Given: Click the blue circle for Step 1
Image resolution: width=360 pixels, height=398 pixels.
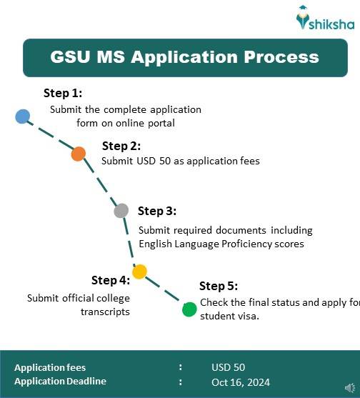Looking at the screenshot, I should pyautogui.click(x=22, y=116).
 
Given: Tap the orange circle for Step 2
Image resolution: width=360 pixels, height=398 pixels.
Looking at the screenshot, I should pyautogui.click(x=79, y=153).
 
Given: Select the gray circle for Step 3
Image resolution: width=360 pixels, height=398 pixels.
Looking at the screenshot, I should pyautogui.click(x=121, y=211).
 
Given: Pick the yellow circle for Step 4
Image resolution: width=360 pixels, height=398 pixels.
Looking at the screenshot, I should pyautogui.click(x=139, y=272).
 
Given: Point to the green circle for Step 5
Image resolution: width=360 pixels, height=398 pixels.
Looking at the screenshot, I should pyautogui.click(x=189, y=309).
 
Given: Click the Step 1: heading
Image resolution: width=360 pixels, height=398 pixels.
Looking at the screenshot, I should pyautogui.click(x=63, y=94).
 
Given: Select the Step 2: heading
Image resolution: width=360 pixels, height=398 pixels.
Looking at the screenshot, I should pyautogui.click(x=121, y=146).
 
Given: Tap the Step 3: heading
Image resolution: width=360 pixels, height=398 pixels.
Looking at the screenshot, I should pyautogui.click(x=157, y=211).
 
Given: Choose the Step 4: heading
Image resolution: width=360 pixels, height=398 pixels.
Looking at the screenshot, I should pyautogui.click(x=111, y=280).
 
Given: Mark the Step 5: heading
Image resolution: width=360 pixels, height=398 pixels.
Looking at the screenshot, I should pyautogui.click(x=219, y=287).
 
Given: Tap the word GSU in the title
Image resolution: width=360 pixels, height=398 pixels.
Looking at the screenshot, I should pyautogui.click(x=73, y=57).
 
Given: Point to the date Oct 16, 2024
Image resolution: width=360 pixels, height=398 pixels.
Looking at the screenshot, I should pyautogui.click(x=241, y=382).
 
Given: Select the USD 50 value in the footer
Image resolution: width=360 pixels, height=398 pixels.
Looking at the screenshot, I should pyautogui.click(x=228, y=367).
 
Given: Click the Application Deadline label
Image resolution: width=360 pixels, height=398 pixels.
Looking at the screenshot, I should pyautogui.click(x=60, y=382).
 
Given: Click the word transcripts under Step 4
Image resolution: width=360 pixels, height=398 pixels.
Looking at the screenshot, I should pyautogui.click(x=105, y=312).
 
